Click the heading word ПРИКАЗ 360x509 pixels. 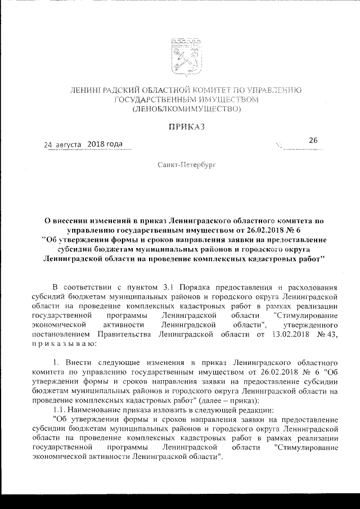click(186, 127)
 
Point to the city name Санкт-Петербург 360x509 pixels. click(186, 164)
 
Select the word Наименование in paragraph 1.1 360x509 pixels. click(94, 409)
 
